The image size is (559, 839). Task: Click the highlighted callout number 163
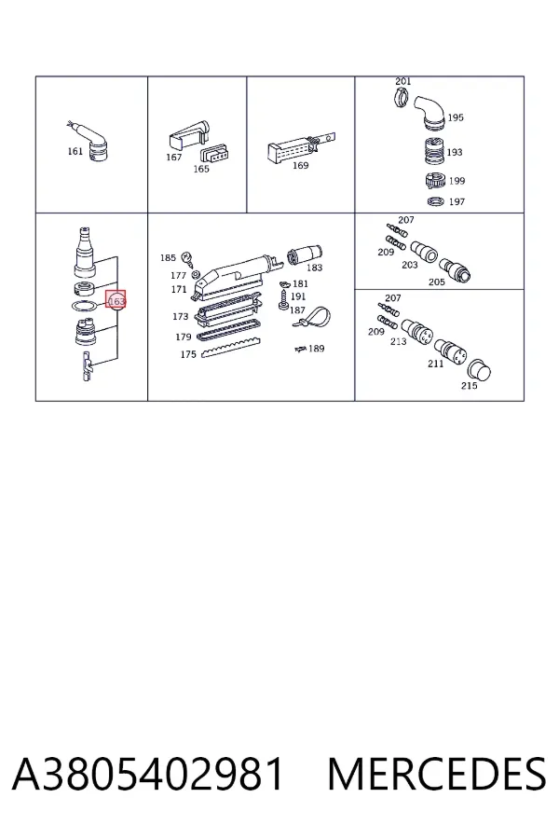click(116, 302)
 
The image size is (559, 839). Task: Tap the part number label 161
click(75, 151)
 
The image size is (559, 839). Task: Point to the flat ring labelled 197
click(436, 201)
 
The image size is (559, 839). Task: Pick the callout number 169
click(301, 166)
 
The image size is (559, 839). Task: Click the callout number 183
click(315, 268)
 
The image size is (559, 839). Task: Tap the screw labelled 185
click(188, 259)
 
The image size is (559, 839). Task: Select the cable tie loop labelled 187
click(312, 317)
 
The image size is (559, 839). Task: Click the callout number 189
click(317, 349)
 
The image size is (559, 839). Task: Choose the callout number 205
click(437, 282)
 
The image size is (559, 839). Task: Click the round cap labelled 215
click(479, 371)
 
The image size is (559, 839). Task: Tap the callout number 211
click(435, 364)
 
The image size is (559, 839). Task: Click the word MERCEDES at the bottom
click(437, 774)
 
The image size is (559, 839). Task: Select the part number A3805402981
click(147, 774)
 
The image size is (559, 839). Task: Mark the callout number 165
click(201, 169)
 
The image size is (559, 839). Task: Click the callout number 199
click(457, 181)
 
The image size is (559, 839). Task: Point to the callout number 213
click(399, 341)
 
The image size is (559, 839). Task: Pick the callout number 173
click(180, 317)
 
